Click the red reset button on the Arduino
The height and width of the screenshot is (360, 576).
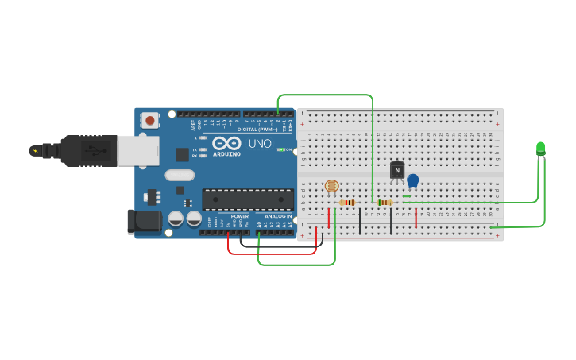[x=149, y=121]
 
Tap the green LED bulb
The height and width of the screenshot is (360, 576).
[x=541, y=148]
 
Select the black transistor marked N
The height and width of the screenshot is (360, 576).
[x=397, y=170]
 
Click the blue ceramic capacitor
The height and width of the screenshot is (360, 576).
[x=412, y=180]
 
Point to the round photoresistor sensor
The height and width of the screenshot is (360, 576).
[x=332, y=186]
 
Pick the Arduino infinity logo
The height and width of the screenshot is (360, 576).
[x=226, y=143]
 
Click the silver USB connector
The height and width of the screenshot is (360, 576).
[x=137, y=149]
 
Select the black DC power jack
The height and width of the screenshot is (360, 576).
[x=145, y=222]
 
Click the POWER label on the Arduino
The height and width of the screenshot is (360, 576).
[x=239, y=216]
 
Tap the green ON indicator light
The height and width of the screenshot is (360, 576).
[x=280, y=149]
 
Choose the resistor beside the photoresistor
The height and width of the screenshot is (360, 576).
[x=347, y=203]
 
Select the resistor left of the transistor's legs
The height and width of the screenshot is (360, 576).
[x=385, y=203]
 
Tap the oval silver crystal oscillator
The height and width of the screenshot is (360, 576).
[x=180, y=175]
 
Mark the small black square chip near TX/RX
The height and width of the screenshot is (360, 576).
[x=183, y=155]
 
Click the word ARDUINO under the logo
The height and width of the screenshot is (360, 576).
[x=226, y=154]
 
